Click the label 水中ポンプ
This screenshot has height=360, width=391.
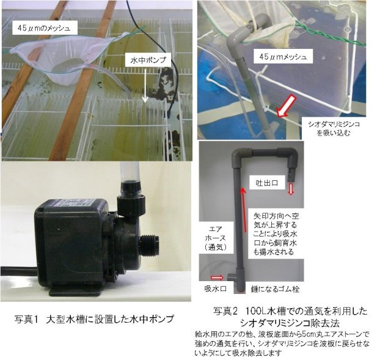tap(147, 61)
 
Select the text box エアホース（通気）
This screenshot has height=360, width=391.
tap(217, 238)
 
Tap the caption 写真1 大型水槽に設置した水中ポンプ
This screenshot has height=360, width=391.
tap(95, 318)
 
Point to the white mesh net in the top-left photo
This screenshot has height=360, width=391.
tap(67, 61)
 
